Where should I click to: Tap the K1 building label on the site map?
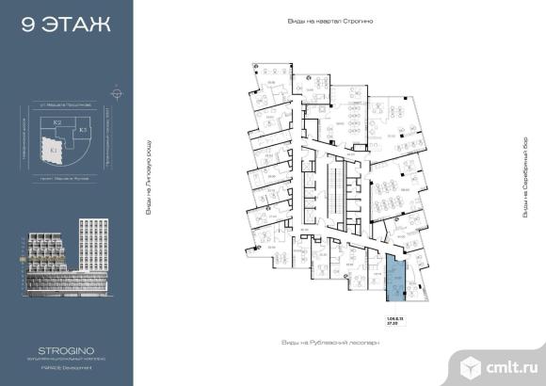pyautogui.click(x=54, y=149)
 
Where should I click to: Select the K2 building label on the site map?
pyautogui.click(x=57, y=123)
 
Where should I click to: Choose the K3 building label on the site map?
pyautogui.click(x=82, y=129)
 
